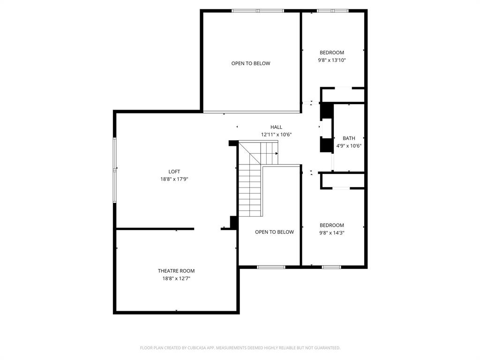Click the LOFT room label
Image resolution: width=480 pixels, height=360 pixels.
tap(174, 172)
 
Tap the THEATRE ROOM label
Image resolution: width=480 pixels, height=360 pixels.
tap(176, 271)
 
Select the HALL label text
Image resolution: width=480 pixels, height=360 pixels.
tap(276, 127)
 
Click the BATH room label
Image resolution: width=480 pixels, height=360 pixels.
tap(349, 138)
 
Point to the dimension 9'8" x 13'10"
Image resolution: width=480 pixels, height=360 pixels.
tap(332, 60)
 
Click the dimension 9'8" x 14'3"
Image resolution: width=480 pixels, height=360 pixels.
tap(332, 233)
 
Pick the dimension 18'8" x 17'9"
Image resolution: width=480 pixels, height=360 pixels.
tap(174, 179)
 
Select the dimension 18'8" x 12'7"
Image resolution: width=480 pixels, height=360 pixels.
tap(176, 278)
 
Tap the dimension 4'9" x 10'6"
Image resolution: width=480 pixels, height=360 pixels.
tap(349, 146)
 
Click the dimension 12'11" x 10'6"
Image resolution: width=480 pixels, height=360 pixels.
tap(276, 135)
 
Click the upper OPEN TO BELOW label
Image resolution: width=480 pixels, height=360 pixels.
tap(251, 63)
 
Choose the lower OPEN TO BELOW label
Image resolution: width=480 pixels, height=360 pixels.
tap(274, 232)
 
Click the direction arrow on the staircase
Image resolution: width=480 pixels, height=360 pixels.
tap(276, 153)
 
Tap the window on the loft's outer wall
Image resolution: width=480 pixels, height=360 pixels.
tap(115, 170)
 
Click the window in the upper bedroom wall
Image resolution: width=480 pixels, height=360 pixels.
tap(333, 11)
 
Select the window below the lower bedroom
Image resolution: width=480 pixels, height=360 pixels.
tap(331, 267)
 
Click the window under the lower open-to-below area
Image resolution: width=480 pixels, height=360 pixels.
tap(271, 267)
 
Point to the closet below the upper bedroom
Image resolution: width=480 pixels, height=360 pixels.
tap(343, 95)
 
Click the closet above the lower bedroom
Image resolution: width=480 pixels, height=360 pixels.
tap(343, 180)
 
